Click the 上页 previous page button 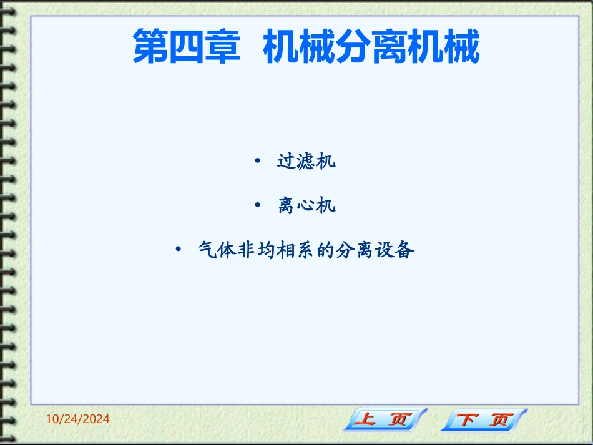[x=385, y=419]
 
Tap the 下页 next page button [x=484, y=419]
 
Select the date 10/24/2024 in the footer [x=78, y=419]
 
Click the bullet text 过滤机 [x=306, y=162]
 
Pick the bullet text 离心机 [x=306, y=206]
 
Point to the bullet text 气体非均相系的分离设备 [x=306, y=251]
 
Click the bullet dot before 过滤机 [x=258, y=162]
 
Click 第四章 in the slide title [x=187, y=47]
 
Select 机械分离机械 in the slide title [x=371, y=47]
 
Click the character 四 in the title [x=187, y=47]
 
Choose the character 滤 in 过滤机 [x=306, y=162]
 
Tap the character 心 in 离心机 [x=306, y=206]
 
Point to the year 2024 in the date [x=96, y=419]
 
